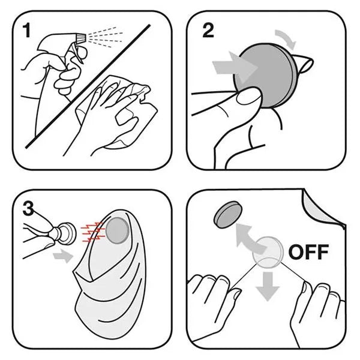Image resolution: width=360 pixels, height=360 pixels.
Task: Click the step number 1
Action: click(26, 31)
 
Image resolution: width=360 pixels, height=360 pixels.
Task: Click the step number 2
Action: click(208, 31)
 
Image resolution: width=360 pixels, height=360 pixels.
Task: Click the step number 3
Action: click(28, 209)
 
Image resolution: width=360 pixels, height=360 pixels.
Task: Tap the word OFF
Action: click(308, 252)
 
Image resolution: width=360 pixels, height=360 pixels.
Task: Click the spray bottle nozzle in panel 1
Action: click(81, 38)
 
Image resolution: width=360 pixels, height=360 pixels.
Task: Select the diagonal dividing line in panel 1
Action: click(88, 86)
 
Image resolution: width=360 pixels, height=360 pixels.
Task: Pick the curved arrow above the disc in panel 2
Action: click(287, 38)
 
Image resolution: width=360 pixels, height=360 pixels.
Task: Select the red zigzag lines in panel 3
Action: click(92, 232)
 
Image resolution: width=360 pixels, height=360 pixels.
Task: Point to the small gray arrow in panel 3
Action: click(62, 256)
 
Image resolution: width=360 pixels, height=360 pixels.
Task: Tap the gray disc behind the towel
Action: click(117, 230)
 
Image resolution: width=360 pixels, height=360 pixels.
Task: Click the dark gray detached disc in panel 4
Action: click(228, 214)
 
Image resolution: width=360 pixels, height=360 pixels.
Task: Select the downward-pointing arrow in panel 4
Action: click(268, 286)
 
